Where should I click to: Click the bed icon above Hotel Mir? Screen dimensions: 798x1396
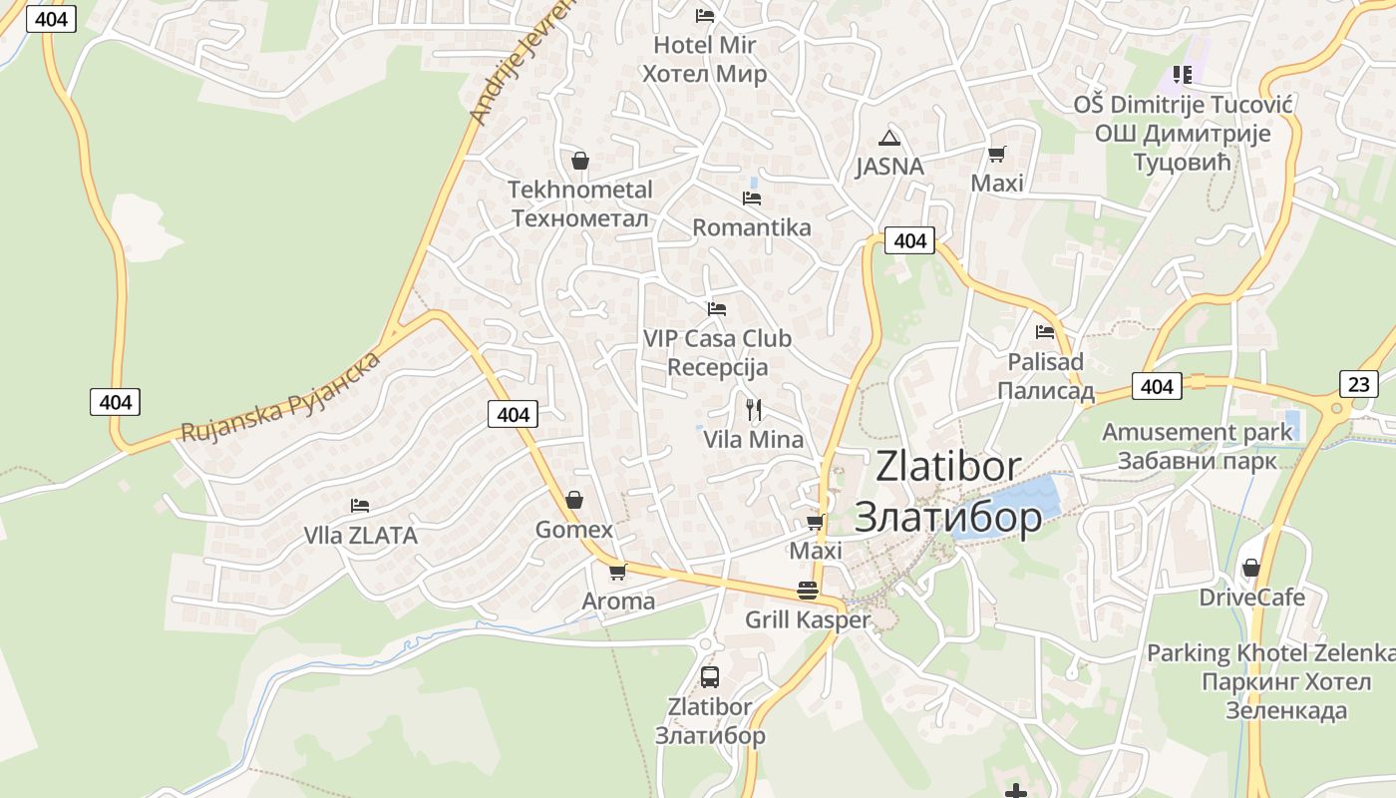(x=705, y=15)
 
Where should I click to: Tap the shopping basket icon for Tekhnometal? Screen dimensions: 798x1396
(x=579, y=161)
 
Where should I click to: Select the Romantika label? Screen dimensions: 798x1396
(x=752, y=227)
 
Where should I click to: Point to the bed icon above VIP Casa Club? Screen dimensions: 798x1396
(x=716, y=309)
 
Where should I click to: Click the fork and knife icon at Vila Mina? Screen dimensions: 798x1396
(x=754, y=409)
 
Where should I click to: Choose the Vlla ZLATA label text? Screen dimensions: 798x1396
(x=360, y=536)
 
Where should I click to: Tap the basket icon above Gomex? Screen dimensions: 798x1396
(x=574, y=500)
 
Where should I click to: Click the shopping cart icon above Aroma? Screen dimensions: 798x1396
(x=618, y=572)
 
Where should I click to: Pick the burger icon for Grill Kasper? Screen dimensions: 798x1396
(x=808, y=591)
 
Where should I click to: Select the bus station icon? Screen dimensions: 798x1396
(x=710, y=677)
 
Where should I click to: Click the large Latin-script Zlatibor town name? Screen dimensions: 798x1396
(x=948, y=467)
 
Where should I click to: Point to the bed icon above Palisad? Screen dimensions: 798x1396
(x=1045, y=332)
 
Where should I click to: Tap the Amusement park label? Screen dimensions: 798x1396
(x=1197, y=433)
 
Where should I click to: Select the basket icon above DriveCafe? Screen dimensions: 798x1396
(x=1251, y=568)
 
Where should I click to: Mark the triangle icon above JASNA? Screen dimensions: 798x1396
(x=889, y=138)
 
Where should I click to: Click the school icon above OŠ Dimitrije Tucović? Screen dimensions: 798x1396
(x=1183, y=74)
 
